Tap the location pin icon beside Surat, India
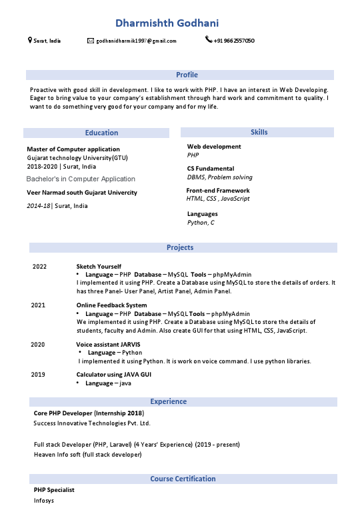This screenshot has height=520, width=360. pyautogui.click(x=29, y=41)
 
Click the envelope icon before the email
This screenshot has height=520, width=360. pyautogui.click(x=91, y=41)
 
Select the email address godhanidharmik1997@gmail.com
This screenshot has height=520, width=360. pyautogui.click(x=136, y=41)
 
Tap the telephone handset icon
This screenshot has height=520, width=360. pyautogui.click(x=209, y=40)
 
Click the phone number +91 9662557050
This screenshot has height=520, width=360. pyautogui.click(x=234, y=41)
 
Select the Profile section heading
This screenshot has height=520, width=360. pyautogui.click(x=187, y=75)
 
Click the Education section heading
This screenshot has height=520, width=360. pyautogui.click(x=101, y=133)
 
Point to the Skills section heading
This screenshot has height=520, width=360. pyautogui.click(x=259, y=132)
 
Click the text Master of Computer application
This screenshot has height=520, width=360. pyautogui.click(x=73, y=149)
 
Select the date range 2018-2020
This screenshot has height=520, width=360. pyautogui.click(x=42, y=166)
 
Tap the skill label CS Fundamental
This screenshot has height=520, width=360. pyautogui.click(x=210, y=169)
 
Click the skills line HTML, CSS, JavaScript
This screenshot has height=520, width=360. pyautogui.click(x=218, y=199)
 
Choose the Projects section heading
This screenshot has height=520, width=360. pyautogui.click(x=180, y=247)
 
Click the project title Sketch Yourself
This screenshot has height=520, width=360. pyautogui.click(x=99, y=267)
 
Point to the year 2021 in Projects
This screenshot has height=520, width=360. pyautogui.click(x=39, y=305)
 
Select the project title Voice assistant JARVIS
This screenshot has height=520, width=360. pyautogui.click(x=108, y=344)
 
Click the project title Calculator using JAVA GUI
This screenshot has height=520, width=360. pyautogui.click(x=113, y=375)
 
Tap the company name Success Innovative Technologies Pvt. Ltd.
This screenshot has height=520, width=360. pyautogui.click(x=92, y=423)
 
